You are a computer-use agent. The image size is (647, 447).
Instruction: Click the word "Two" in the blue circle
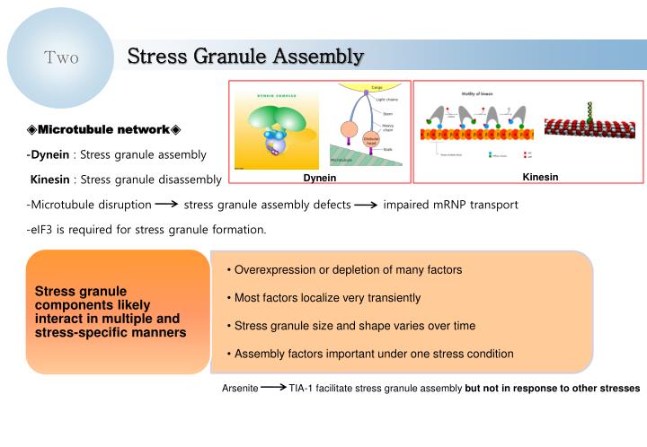coord(61,58)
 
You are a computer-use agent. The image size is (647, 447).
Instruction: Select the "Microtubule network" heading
coord(104,131)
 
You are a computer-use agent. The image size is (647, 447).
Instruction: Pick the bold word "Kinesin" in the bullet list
coord(50,180)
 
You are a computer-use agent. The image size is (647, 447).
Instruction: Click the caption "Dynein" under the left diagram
coord(319,178)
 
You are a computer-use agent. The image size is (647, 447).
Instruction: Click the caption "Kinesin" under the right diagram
coord(540,177)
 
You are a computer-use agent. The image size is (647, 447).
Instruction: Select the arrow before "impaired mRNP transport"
coord(366,205)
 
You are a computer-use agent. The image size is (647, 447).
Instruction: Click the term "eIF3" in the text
coord(43,229)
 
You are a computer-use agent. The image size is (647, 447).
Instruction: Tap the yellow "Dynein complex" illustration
coord(264,129)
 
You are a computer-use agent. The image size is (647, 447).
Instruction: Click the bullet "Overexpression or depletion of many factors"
coord(344,269)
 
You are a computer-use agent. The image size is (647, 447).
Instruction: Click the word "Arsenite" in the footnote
coord(241,389)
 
